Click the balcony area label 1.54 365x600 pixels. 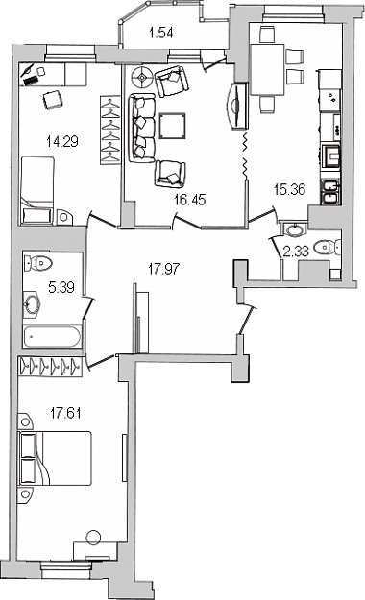(x=161, y=34)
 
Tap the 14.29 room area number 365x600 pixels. (x=62, y=142)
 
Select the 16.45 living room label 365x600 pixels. (x=189, y=200)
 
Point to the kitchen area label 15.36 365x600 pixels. (x=289, y=189)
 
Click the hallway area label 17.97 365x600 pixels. (x=163, y=269)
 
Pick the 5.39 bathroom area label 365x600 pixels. (x=61, y=287)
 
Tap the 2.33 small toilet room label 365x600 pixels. (x=296, y=252)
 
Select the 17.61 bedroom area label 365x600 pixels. (x=65, y=413)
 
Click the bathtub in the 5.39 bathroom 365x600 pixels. (x=52, y=337)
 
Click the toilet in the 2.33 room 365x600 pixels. (x=328, y=248)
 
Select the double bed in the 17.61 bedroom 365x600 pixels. (x=55, y=459)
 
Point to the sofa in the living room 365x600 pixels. (x=141, y=129)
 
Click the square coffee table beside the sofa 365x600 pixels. (x=172, y=126)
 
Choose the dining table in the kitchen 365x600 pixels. (x=267, y=70)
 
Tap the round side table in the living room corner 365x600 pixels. (x=142, y=78)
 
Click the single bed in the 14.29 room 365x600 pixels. (x=37, y=190)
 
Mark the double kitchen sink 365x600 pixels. (x=329, y=192)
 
